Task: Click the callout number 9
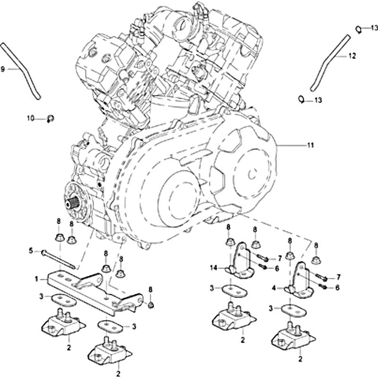[3, 69]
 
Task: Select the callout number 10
[30, 119]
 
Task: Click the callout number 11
[310, 145]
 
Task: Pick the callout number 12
[352, 56]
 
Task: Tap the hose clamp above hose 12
[359, 30]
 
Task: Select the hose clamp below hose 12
[301, 99]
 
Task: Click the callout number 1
[36, 279]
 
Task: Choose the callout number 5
[31, 251]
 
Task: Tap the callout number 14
[214, 268]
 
